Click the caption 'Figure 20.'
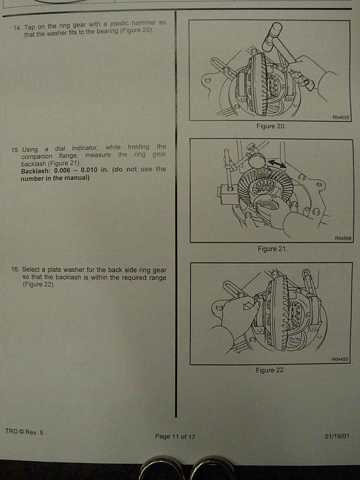coord(271,126)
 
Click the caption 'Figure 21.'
coord(272,249)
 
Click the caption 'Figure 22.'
coord(270,370)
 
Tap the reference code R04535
coord(340,117)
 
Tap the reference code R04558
coord(343,238)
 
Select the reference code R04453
coord(340,359)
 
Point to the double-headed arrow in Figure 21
coord(277,164)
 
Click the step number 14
coord(17,28)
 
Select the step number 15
coord(15,150)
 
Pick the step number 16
coord(15,269)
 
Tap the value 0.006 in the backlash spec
coord(62,170)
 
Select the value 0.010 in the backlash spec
coord(89,170)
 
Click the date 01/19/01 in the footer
coord(337,436)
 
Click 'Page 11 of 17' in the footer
coord(175,436)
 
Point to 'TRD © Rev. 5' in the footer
coord(24,432)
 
